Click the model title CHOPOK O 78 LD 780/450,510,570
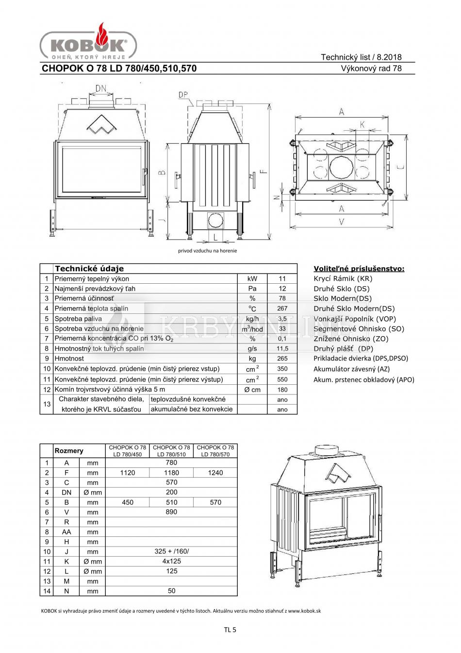point(119,69)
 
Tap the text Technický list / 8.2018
point(361,57)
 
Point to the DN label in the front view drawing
point(101,88)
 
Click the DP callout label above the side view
point(183,95)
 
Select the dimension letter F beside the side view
point(263,171)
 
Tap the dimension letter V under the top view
point(342,222)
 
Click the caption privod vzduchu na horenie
point(207,251)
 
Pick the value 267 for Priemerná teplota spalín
point(282,309)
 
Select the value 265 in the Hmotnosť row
point(282,359)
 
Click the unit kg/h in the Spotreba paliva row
point(252,319)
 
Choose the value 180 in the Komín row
point(282,390)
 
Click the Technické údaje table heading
point(89,268)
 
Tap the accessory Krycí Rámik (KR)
point(343,278)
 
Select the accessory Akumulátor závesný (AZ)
point(351,369)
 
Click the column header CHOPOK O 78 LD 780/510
point(171,451)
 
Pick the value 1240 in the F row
point(215,473)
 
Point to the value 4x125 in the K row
point(171,561)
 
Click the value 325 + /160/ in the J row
point(171,551)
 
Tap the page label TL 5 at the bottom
point(230,630)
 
